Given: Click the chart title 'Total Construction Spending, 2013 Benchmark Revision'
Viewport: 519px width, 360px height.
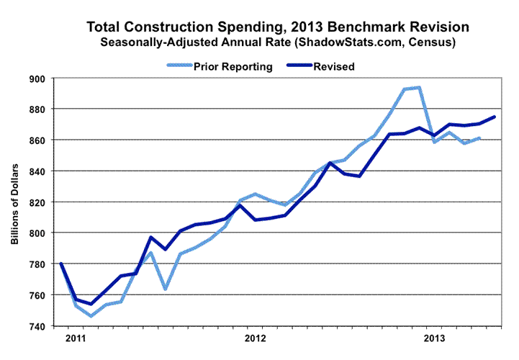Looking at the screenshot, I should tap(278, 27).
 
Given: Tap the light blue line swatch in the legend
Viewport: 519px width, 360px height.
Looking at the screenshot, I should tap(179, 66).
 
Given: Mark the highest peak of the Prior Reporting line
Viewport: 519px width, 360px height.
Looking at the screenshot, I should tap(419, 87).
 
